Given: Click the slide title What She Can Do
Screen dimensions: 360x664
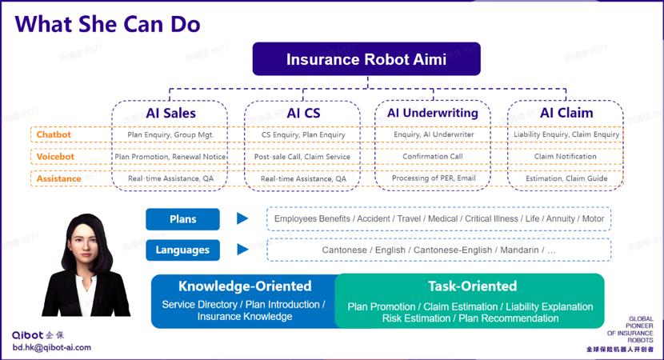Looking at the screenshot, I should (x=107, y=23).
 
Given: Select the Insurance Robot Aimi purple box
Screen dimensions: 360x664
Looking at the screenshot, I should (x=366, y=59).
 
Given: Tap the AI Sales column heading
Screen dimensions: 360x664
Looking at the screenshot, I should (x=170, y=113).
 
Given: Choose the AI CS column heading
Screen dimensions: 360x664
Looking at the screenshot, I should (x=303, y=113).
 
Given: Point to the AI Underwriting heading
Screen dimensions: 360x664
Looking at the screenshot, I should (x=433, y=113).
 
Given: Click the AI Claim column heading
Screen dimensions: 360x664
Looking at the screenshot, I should (x=566, y=113).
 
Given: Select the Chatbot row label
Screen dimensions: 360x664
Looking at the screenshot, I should (x=54, y=135).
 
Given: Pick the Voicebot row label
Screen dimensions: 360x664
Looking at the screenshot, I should (x=55, y=157).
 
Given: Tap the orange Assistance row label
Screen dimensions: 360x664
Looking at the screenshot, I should (x=58, y=178).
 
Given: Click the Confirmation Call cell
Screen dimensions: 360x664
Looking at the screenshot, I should (x=433, y=157).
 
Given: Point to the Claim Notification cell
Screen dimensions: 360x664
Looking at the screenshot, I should (x=566, y=157).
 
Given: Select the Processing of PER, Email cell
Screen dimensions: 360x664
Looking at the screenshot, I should (x=433, y=178).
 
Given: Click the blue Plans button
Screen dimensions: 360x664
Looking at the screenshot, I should (x=182, y=219).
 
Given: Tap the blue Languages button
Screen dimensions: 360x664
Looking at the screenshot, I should (x=182, y=250).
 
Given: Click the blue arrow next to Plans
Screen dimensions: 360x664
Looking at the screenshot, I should (x=242, y=219).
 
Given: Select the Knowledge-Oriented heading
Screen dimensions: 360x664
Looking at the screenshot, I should (x=245, y=286).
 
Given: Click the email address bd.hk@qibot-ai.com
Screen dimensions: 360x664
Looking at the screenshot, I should (x=51, y=348).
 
